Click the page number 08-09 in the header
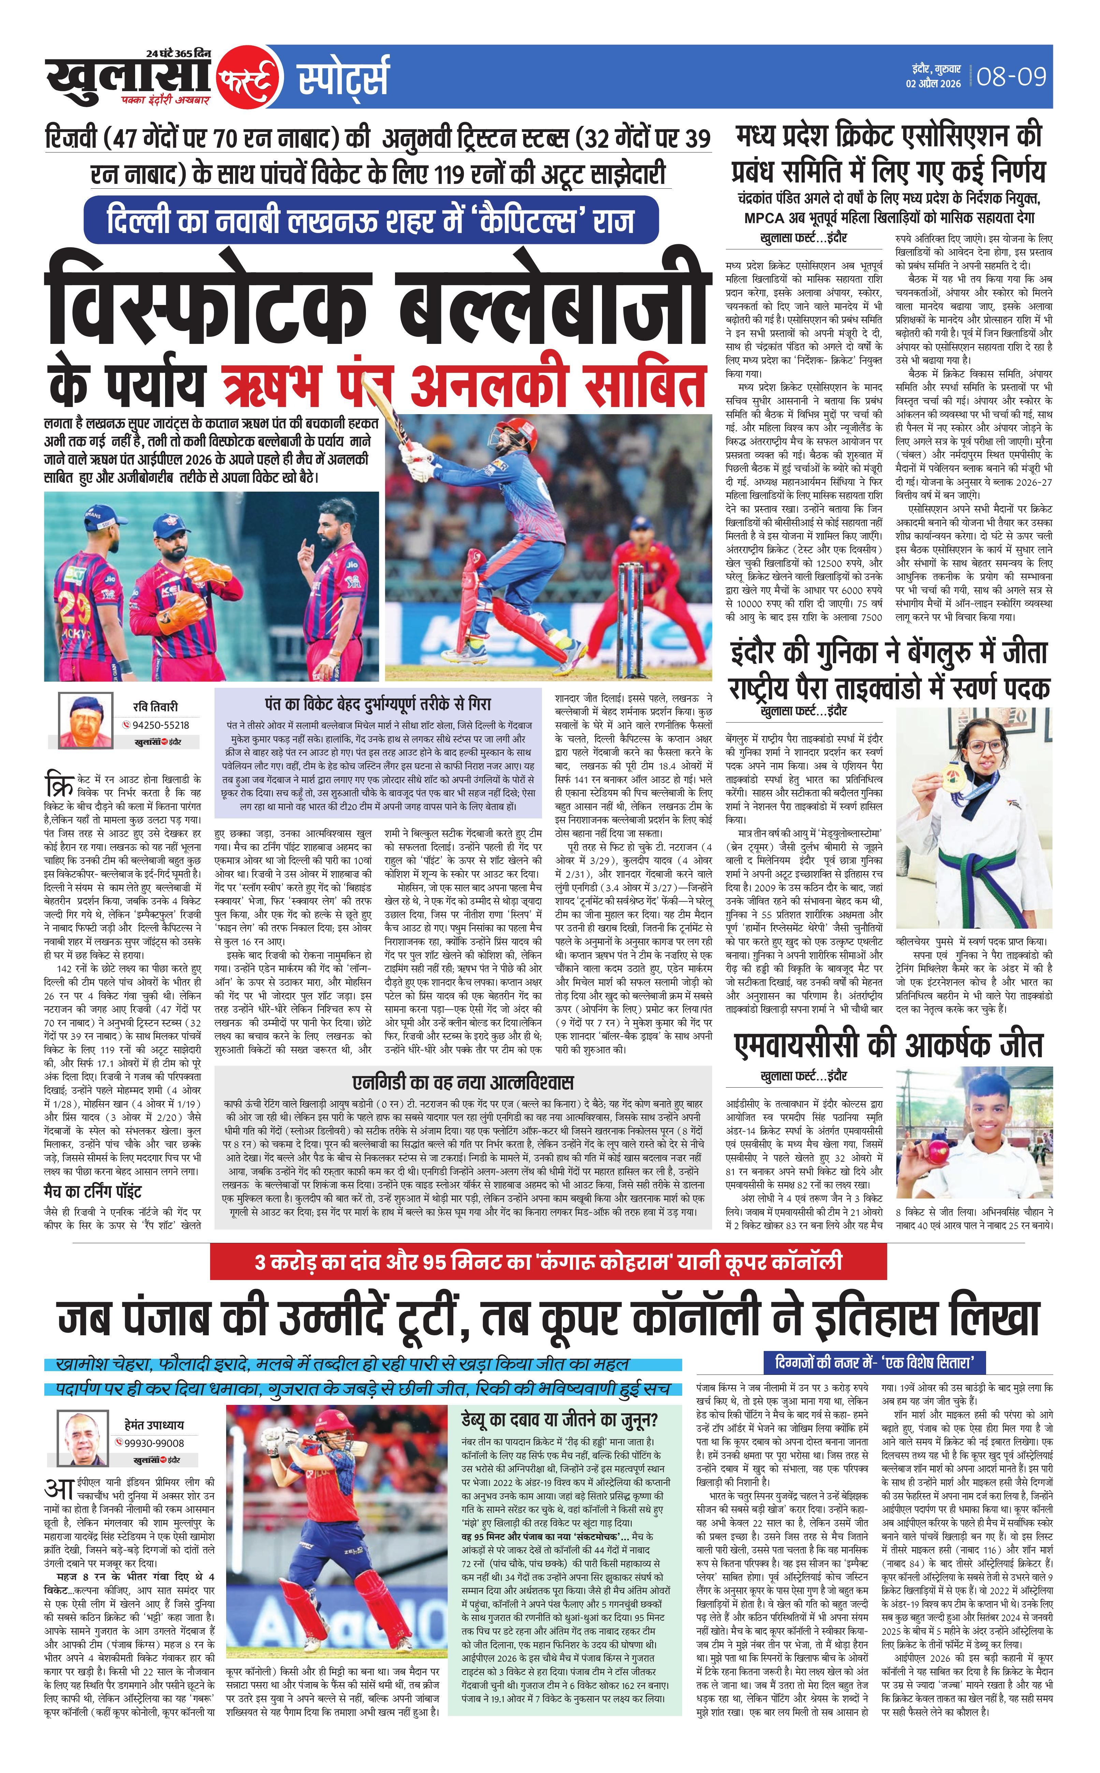tap(1011, 76)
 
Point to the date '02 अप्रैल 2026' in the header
tap(934, 84)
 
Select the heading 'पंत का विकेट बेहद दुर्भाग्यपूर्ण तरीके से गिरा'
tap(378, 703)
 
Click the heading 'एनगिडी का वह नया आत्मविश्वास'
tap(464, 1082)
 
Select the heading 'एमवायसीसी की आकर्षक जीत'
tap(889, 1046)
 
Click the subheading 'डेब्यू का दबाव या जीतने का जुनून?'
tap(559, 1419)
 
